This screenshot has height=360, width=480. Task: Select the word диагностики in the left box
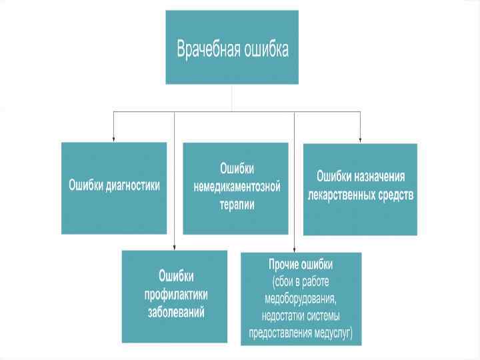[x=133, y=185]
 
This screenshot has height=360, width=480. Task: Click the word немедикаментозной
[x=237, y=187]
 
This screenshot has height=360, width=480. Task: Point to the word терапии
[x=237, y=205]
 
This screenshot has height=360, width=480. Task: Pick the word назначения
[x=380, y=177]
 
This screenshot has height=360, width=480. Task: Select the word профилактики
[x=176, y=293]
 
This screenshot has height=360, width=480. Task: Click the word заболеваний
[x=176, y=312]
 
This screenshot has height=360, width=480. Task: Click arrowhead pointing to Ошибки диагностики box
[x=113, y=138]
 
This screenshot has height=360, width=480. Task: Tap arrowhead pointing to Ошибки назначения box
[x=361, y=139]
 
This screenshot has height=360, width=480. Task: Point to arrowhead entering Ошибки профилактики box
[x=175, y=247]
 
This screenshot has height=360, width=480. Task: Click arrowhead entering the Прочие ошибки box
[x=294, y=249]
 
